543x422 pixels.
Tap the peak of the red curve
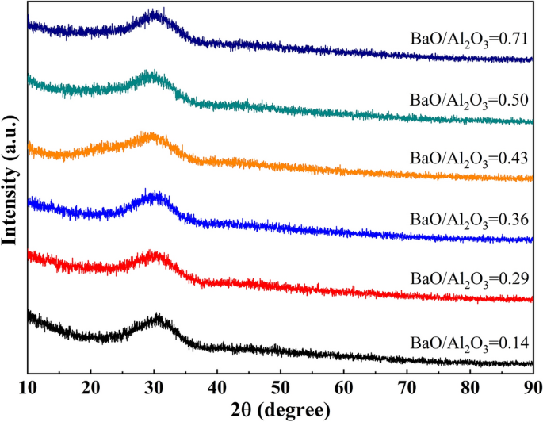(x=155, y=252)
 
